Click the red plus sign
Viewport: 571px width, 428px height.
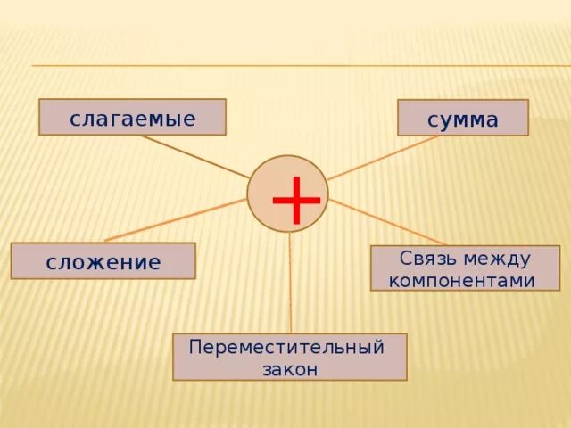click(295, 200)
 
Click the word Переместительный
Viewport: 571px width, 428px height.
click(286, 347)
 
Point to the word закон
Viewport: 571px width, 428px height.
click(289, 369)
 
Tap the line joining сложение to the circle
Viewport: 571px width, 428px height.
click(174, 219)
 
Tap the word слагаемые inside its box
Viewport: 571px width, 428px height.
click(132, 118)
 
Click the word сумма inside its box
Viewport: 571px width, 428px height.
click(462, 119)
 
